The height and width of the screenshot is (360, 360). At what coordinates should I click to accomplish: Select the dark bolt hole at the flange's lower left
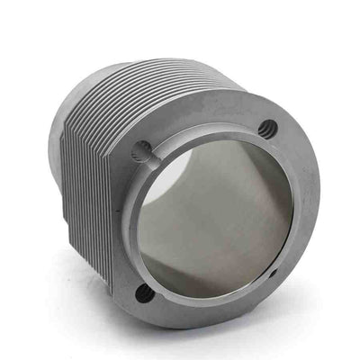point(142,292)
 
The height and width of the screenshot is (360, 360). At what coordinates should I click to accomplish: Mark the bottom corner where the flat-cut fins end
point(110,286)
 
